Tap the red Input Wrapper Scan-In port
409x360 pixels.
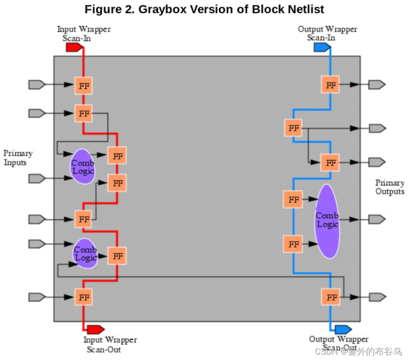(x=74, y=47)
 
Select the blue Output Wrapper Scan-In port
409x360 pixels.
(x=322, y=47)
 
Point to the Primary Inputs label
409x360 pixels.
(x=18, y=158)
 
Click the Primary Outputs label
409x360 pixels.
(x=389, y=187)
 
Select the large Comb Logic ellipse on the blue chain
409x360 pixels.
(x=327, y=221)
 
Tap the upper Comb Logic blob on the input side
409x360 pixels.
(x=83, y=167)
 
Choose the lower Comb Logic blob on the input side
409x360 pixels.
(x=85, y=253)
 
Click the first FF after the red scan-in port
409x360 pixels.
(x=84, y=85)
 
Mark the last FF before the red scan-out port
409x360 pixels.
(x=84, y=297)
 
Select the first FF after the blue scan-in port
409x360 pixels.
(x=330, y=85)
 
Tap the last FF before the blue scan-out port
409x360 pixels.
(x=331, y=297)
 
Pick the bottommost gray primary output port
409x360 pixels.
(x=377, y=297)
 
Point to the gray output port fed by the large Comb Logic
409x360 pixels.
(x=377, y=219)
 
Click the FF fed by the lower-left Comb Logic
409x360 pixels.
(x=117, y=256)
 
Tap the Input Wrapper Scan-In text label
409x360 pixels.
(x=84, y=34)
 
